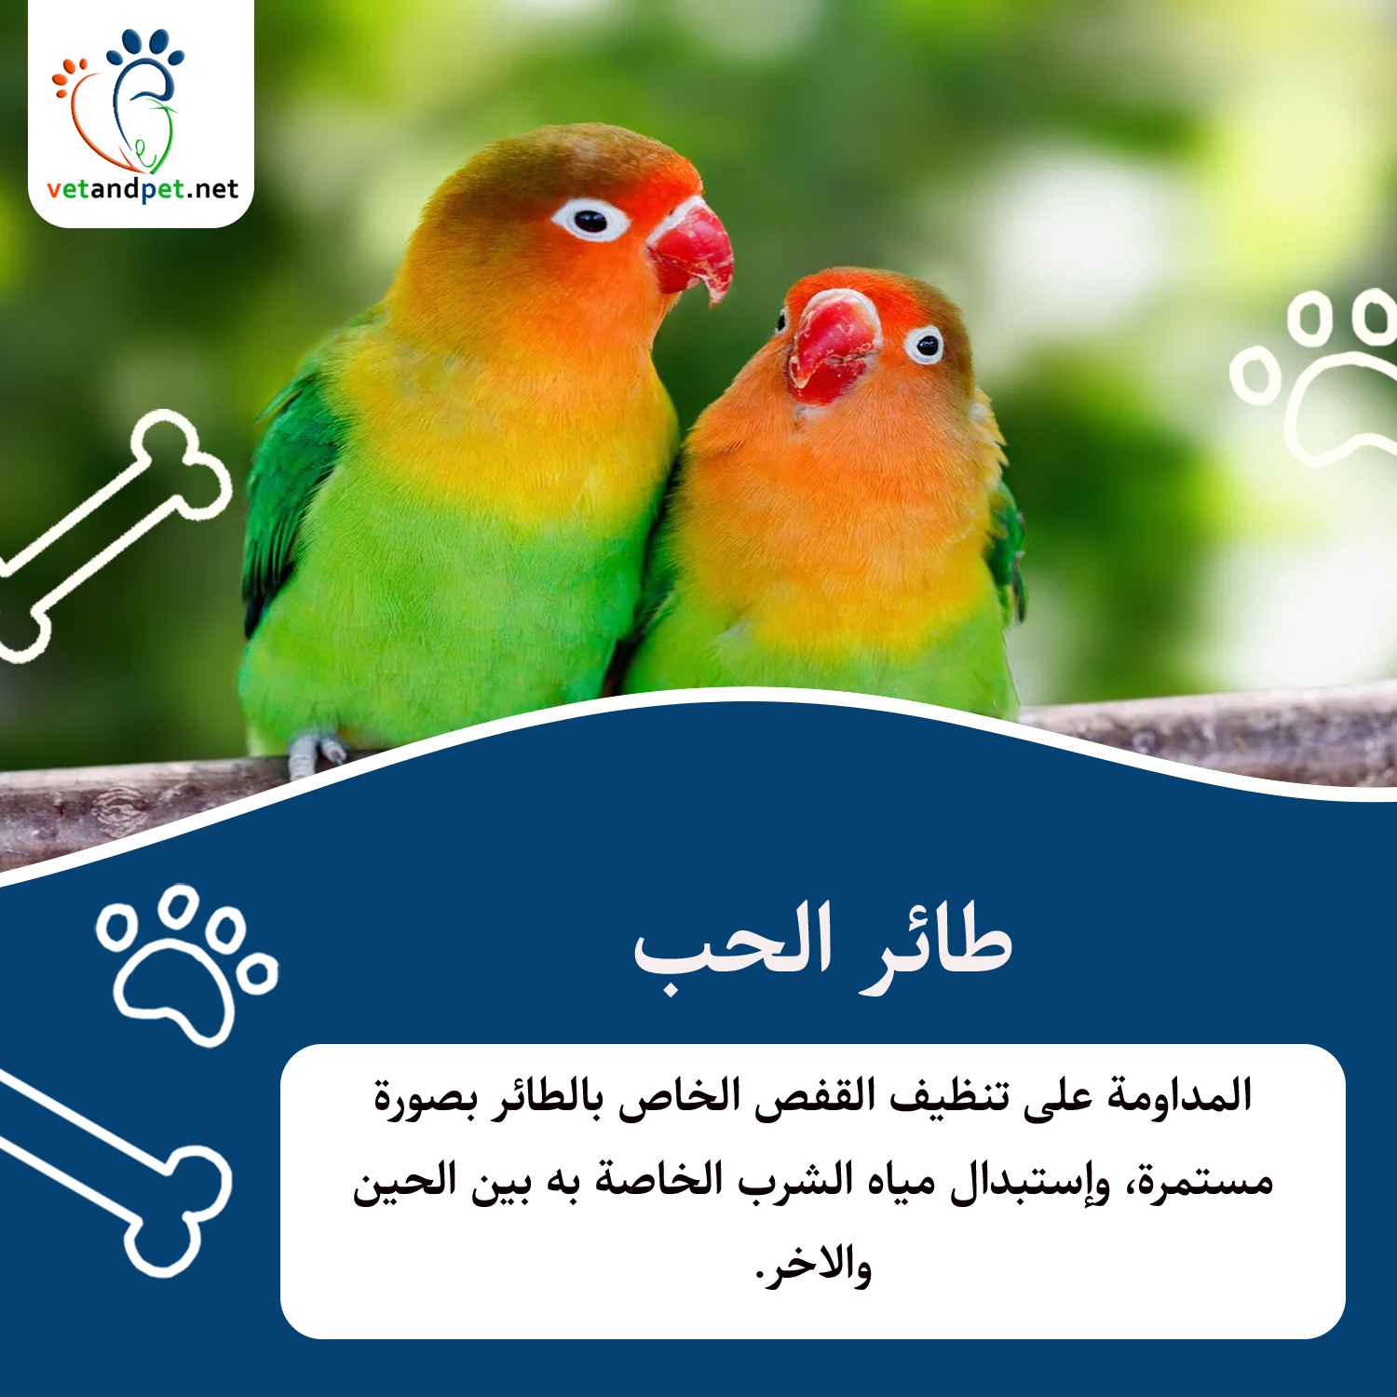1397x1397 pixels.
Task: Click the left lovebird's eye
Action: (590, 221)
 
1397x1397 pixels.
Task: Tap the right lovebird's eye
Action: (924, 345)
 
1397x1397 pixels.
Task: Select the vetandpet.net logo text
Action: (143, 189)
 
